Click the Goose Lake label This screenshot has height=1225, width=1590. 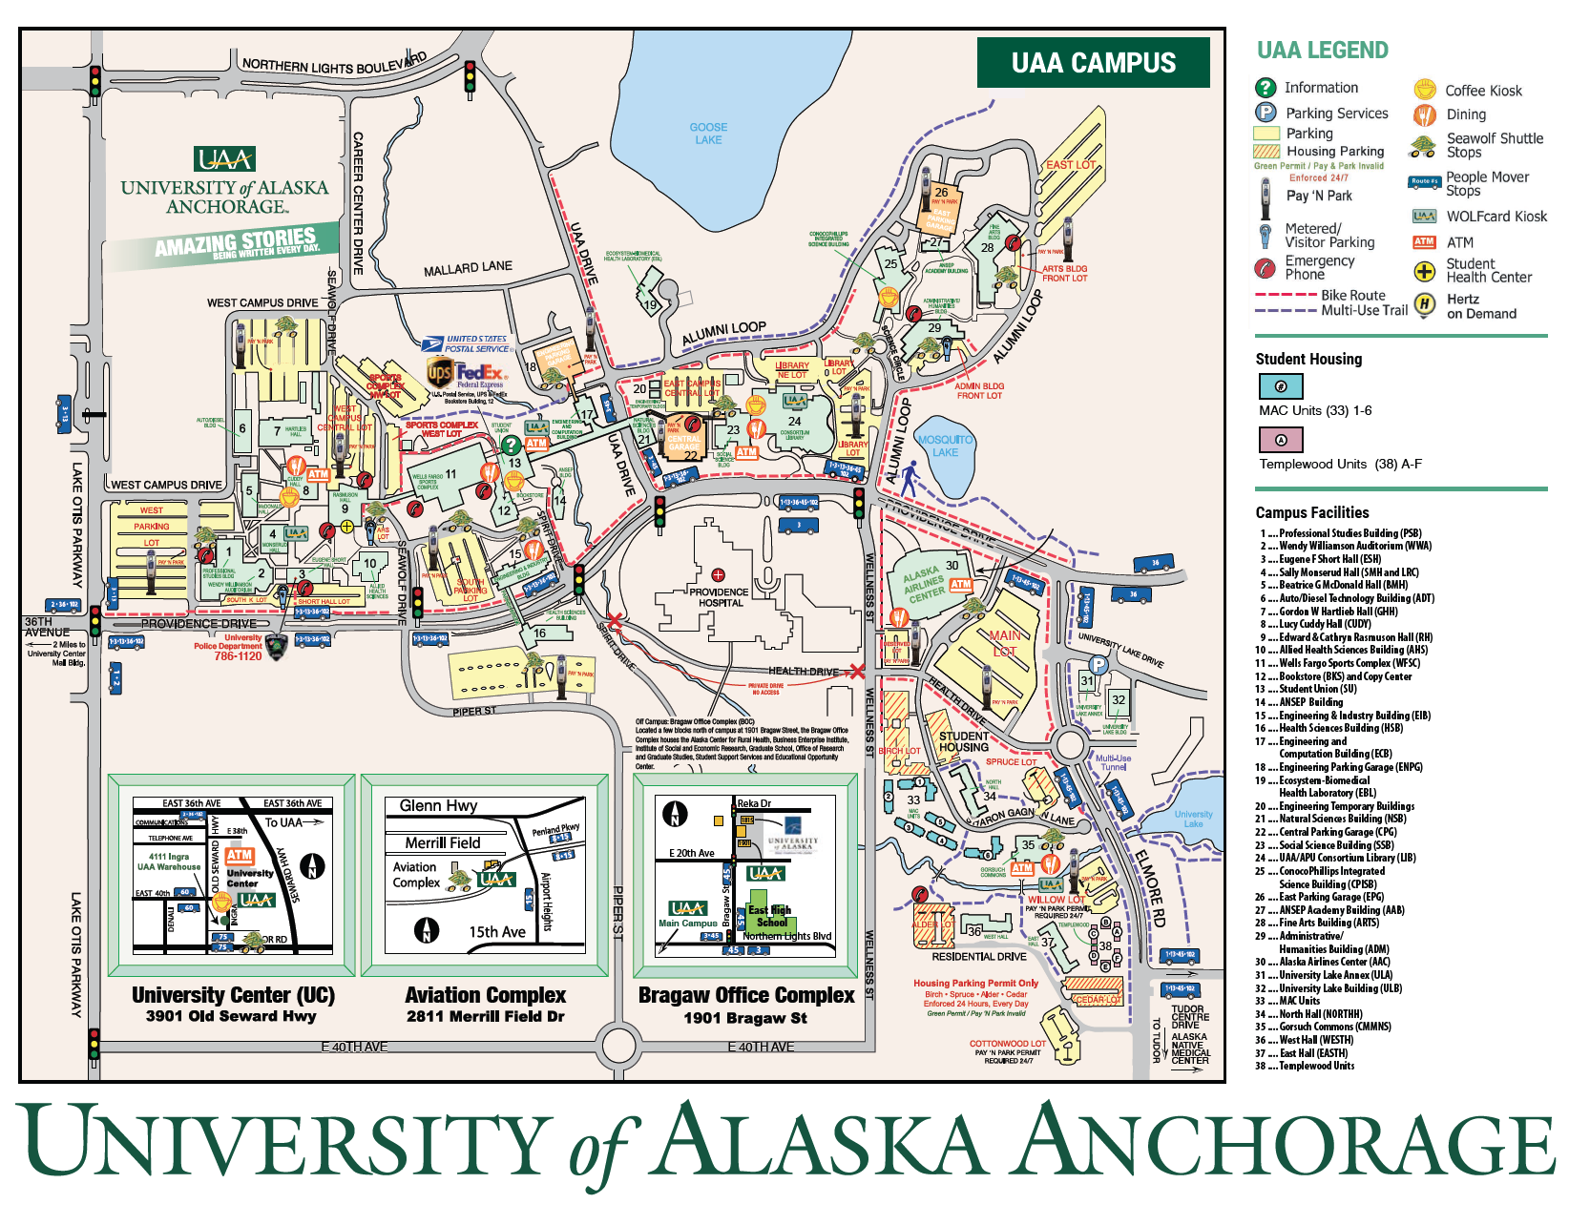[708, 134]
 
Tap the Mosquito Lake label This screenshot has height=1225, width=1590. [945, 446]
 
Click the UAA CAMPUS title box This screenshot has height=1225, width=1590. [1093, 63]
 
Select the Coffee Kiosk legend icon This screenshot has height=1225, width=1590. [1425, 90]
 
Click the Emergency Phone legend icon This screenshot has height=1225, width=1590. [1266, 267]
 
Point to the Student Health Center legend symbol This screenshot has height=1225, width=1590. [1424, 271]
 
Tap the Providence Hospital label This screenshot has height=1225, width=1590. [719, 597]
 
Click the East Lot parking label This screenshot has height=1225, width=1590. [1071, 164]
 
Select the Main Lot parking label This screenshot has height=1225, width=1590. [1004, 643]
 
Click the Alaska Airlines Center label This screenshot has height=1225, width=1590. [924, 584]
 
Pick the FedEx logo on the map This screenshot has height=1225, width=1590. [477, 372]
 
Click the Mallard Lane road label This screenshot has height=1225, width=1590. [468, 269]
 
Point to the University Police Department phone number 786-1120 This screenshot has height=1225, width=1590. [238, 656]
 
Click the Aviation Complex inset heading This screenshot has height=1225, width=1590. [485, 995]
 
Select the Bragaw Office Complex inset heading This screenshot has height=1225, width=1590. [746, 995]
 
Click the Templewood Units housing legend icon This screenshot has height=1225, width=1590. [1281, 440]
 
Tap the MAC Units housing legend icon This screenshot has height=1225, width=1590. [1281, 386]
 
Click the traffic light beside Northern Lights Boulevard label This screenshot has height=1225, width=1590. [470, 76]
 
